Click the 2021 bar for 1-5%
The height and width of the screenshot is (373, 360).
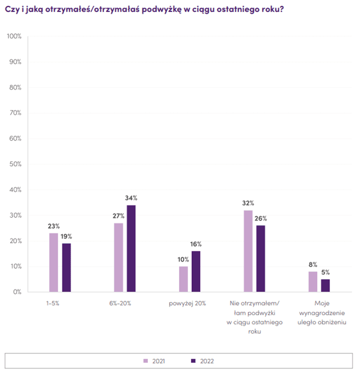pos(54,263)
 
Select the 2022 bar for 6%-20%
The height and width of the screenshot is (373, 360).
pos(131,249)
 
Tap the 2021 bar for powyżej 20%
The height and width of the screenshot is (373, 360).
pos(183,279)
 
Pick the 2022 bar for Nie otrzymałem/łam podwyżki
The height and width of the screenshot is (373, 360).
pos(261,259)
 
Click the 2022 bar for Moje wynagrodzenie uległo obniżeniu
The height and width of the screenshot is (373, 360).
pos(326,285)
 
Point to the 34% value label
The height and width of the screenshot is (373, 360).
pos(131,198)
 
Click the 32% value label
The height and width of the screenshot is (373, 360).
pos(248,203)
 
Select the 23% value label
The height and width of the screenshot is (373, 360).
pos(54,226)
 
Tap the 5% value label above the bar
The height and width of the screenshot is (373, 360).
pos(326,272)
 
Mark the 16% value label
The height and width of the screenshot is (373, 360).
pos(196,244)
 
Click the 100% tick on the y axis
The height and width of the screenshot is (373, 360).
pos(13,36)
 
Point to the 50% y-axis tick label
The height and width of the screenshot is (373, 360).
pos(15,164)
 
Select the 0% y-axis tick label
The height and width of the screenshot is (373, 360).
pos(17,292)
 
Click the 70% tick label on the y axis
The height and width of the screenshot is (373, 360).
pos(15,113)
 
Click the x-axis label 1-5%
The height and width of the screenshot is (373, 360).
pos(52,303)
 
